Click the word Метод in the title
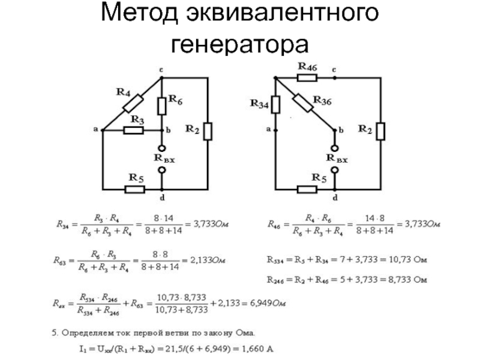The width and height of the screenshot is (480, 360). pyautogui.click(x=146, y=14)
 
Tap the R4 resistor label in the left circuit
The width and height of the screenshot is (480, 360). pyautogui.click(x=124, y=92)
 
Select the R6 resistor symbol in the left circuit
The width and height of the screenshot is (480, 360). pyautogui.click(x=162, y=106)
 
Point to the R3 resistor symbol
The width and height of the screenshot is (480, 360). pyautogui.click(x=133, y=130)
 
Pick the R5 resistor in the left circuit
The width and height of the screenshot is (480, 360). pyautogui.click(x=135, y=189)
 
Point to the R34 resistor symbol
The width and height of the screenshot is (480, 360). pyautogui.click(x=275, y=106)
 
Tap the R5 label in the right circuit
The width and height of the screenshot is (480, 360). pyautogui.click(x=318, y=178)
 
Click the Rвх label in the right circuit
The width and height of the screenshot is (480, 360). pyautogui.click(x=337, y=158)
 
